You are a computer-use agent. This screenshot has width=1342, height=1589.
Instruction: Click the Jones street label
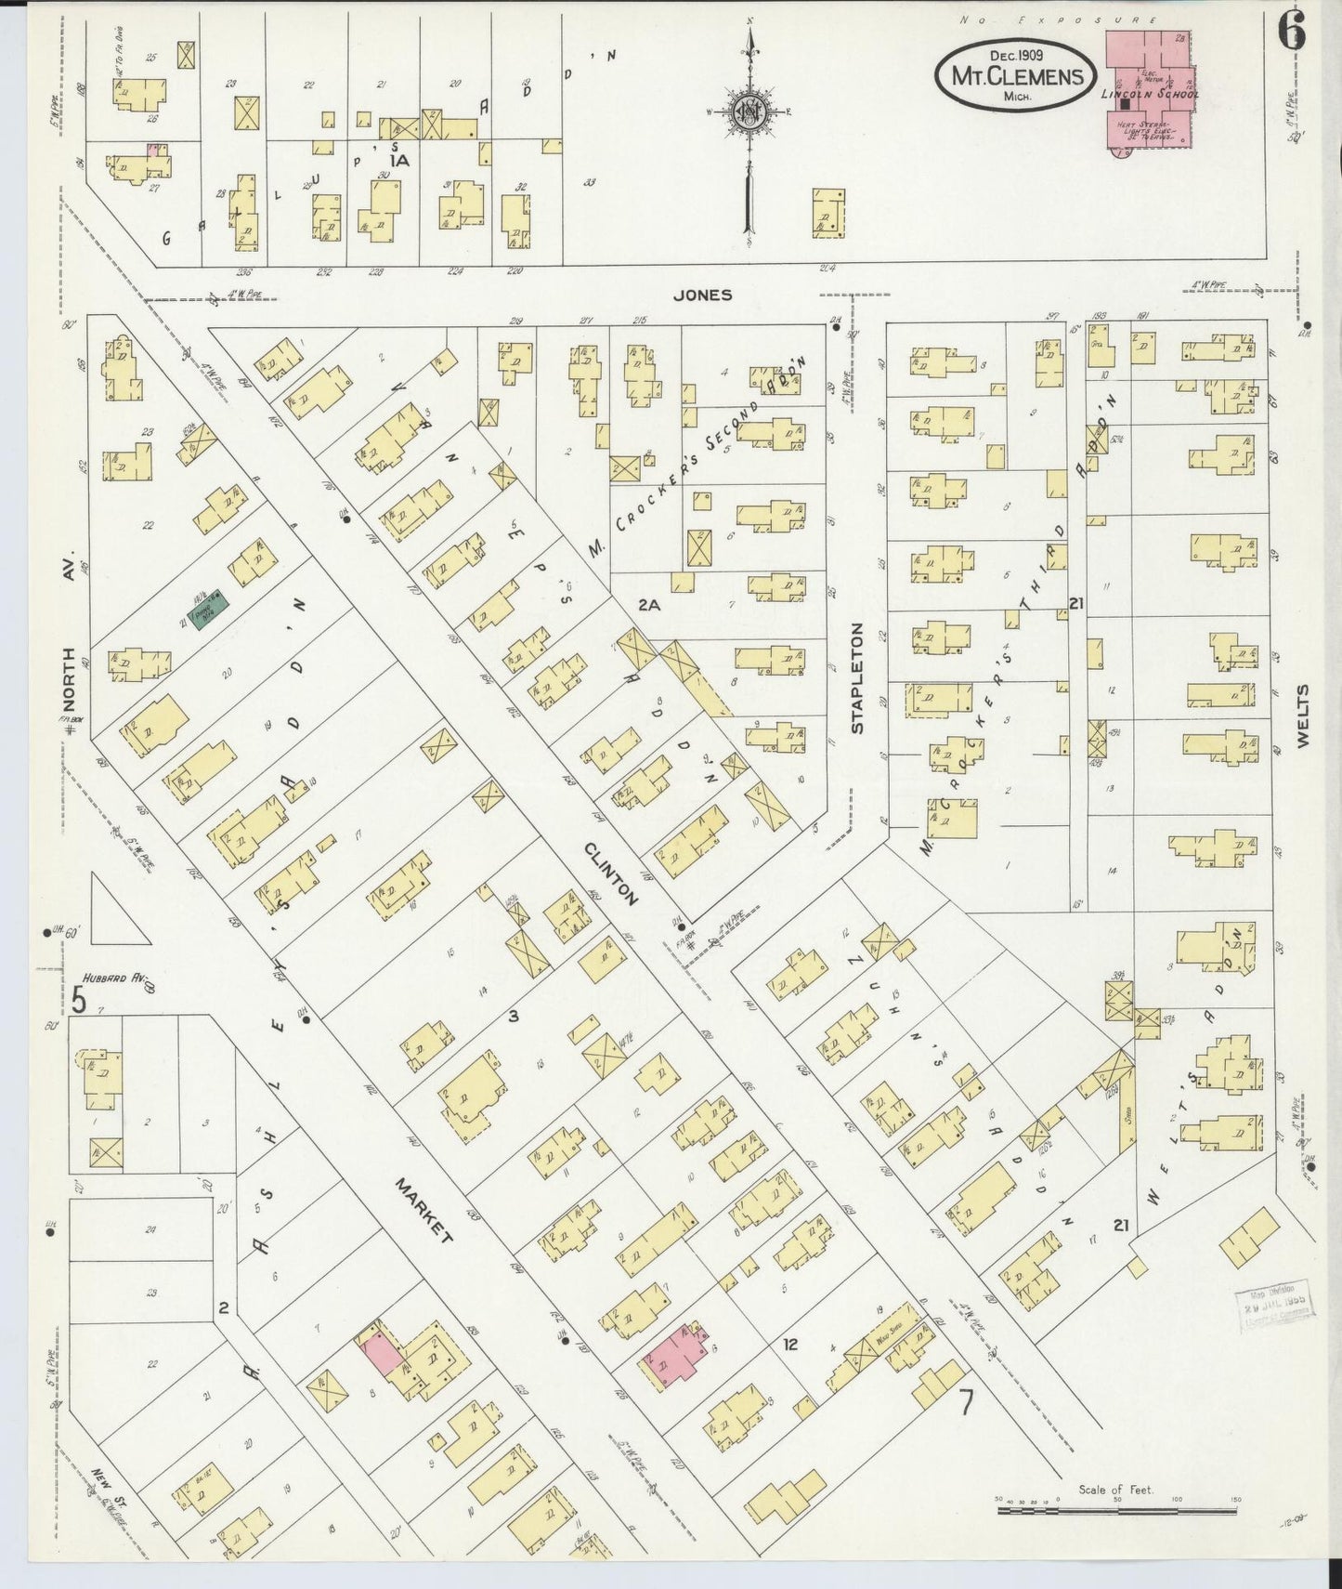pos(703,295)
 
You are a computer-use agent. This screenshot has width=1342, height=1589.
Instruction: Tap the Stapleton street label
pos(856,678)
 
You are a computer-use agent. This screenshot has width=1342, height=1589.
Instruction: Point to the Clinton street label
pos(612,874)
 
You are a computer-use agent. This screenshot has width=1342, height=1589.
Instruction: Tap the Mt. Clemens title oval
pos(1016,73)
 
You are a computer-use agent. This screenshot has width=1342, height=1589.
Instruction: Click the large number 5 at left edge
pos(80,1000)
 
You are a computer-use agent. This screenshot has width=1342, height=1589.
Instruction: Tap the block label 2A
pos(648,605)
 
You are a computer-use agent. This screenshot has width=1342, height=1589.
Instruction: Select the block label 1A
pos(399,161)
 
